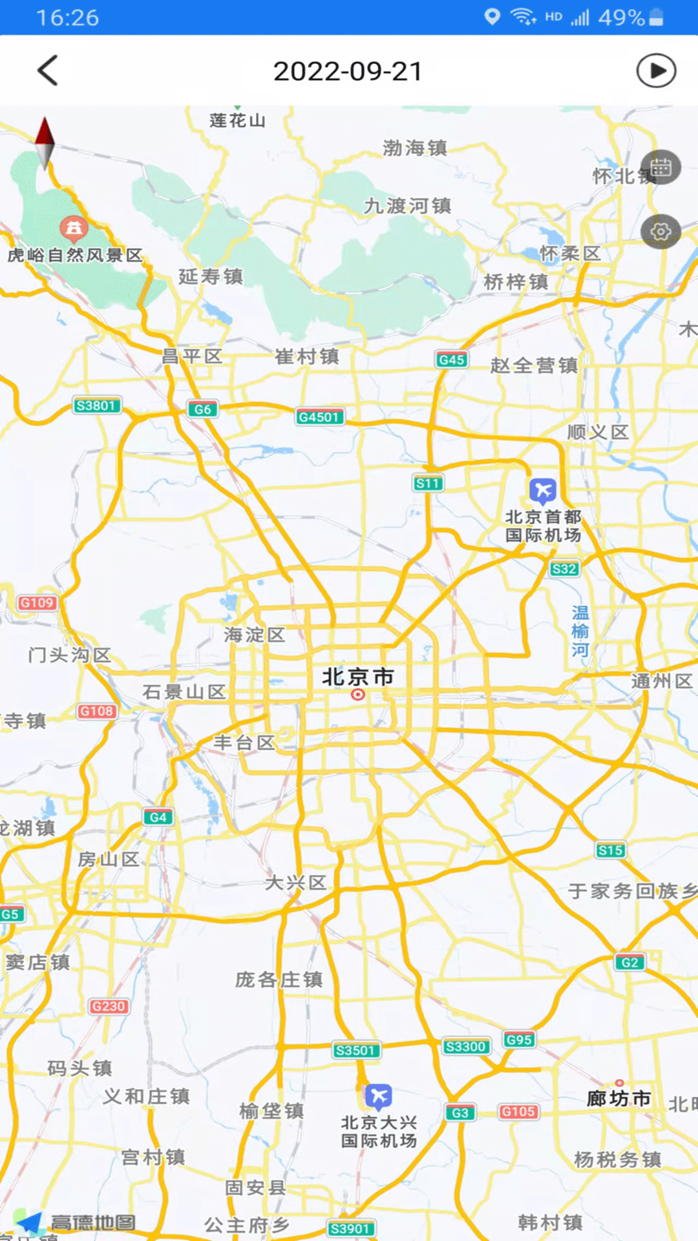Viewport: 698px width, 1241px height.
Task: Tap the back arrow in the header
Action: (x=48, y=70)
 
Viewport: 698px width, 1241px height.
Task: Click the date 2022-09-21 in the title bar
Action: (x=348, y=71)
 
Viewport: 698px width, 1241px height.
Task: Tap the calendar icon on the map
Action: (x=661, y=167)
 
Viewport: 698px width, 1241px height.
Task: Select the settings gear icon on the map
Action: (x=661, y=231)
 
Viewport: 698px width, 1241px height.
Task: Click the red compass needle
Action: (x=45, y=133)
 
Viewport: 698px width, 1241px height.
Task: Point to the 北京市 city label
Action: (x=358, y=677)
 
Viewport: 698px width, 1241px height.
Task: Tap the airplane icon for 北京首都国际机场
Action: (x=543, y=491)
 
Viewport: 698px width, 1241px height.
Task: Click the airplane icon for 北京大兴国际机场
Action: (x=379, y=1096)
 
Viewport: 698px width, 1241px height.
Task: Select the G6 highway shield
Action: (x=202, y=409)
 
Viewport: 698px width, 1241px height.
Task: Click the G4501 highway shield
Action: (x=319, y=417)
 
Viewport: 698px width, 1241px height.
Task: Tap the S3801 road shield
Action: (x=96, y=406)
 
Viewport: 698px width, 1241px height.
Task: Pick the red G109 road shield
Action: (x=37, y=603)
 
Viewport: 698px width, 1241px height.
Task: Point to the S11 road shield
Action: (x=428, y=483)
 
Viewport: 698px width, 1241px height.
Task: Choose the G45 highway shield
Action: (x=452, y=359)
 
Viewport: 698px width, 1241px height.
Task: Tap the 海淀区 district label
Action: (x=255, y=635)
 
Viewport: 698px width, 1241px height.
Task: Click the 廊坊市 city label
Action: (x=619, y=1098)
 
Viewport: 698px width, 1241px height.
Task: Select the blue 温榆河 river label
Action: (x=580, y=631)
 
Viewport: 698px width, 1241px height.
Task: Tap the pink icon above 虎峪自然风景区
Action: (x=74, y=228)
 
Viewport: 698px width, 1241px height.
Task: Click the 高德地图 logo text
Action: (x=93, y=1222)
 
